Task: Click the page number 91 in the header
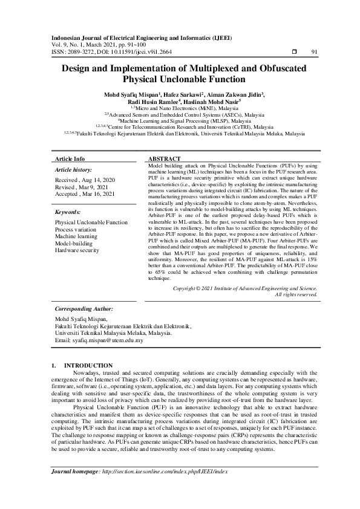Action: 313,52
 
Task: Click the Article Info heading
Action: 70,158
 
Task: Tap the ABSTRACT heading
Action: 165,158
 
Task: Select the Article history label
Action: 74,170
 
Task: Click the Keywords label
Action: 68,213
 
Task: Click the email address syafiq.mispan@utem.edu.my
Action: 108,340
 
